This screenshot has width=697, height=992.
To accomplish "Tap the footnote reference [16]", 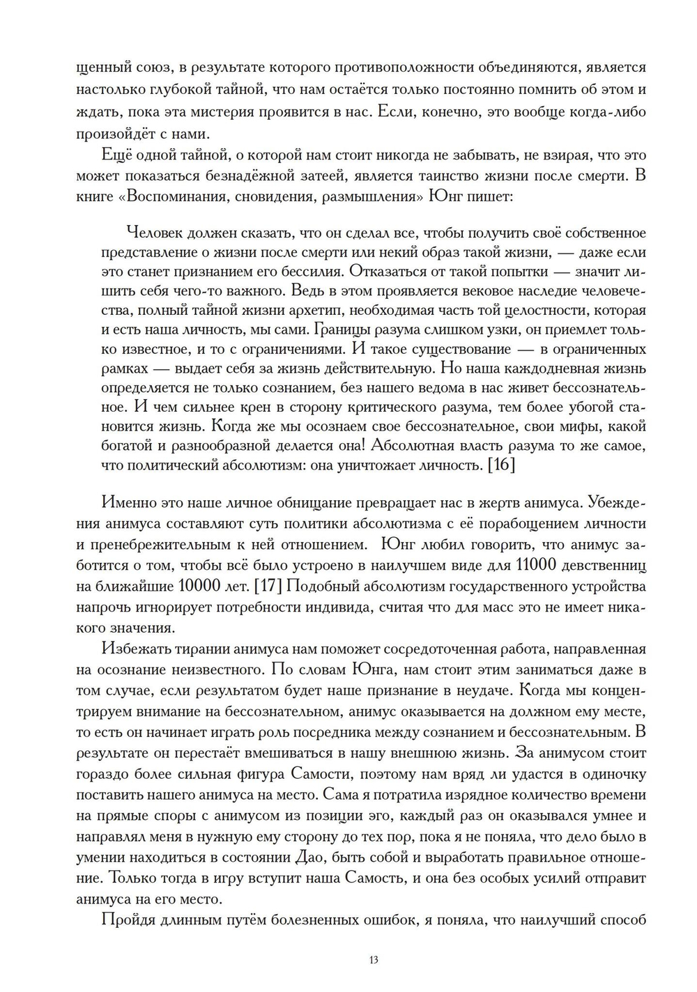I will [x=501, y=465].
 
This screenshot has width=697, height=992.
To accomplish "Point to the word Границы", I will [x=343, y=330].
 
